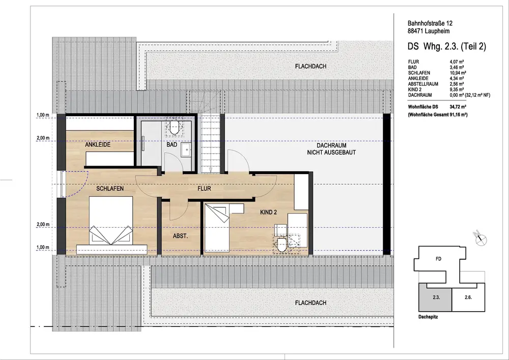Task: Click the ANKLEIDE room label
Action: click(x=98, y=145)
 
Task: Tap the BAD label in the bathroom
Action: click(x=172, y=145)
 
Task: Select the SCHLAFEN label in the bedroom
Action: click(x=110, y=188)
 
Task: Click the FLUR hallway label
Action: click(x=204, y=188)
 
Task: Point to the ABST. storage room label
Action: click(x=181, y=236)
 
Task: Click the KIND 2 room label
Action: click(x=268, y=212)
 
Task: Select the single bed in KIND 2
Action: click(x=217, y=227)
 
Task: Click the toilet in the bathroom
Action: click(x=174, y=127)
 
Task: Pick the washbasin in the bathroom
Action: click(x=186, y=150)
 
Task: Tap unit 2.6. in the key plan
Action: click(x=468, y=297)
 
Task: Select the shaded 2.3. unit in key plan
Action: click(x=435, y=297)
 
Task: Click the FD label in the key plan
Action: click(x=439, y=259)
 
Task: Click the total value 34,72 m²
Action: click(x=458, y=107)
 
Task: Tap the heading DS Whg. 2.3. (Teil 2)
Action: click(x=447, y=47)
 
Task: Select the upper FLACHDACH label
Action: click(x=310, y=66)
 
